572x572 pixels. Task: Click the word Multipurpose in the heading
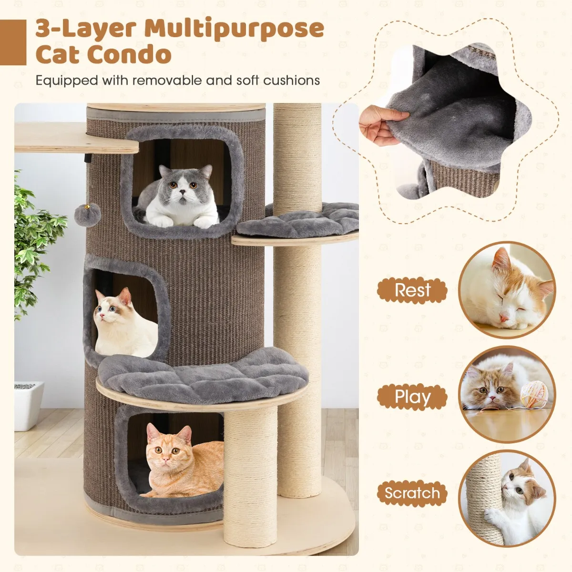(234, 29)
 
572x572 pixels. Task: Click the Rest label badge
(412, 290)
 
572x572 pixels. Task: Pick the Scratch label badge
(412, 493)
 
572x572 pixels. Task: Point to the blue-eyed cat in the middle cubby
(125, 324)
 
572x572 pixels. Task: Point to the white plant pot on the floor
(29, 406)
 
